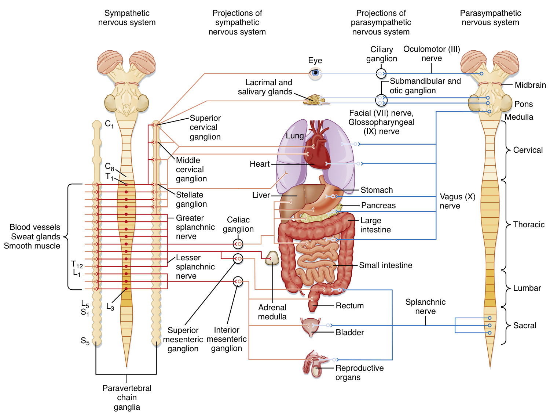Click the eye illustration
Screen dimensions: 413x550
tap(315, 73)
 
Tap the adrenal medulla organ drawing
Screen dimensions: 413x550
tap(272, 258)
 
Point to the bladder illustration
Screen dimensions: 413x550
tap(311, 326)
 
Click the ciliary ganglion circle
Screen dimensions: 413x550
tap(381, 74)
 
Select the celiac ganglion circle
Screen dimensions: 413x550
tap(238, 244)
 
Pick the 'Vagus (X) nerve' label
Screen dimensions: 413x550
tap(457, 201)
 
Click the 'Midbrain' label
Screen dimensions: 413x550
tap(530, 85)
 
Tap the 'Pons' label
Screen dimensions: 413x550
tap(523, 104)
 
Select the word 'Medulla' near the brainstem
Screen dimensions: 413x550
tap(519, 117)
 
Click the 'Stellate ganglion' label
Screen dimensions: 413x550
tap(191, 199)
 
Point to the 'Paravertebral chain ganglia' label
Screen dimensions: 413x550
tap(127, 398)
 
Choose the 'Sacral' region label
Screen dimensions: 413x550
tap(524, 326)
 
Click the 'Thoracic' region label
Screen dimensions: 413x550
tap(529, 225)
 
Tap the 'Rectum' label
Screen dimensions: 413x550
tap(349, 306)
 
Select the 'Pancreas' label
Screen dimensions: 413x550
tap(378, 206)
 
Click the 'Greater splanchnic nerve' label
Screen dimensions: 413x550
tap(195, 227)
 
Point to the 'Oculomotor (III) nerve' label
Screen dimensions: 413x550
tap(432, 54)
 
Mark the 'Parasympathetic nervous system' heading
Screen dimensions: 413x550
tap(490, 18)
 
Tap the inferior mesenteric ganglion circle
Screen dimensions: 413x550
tap(238, 282)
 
